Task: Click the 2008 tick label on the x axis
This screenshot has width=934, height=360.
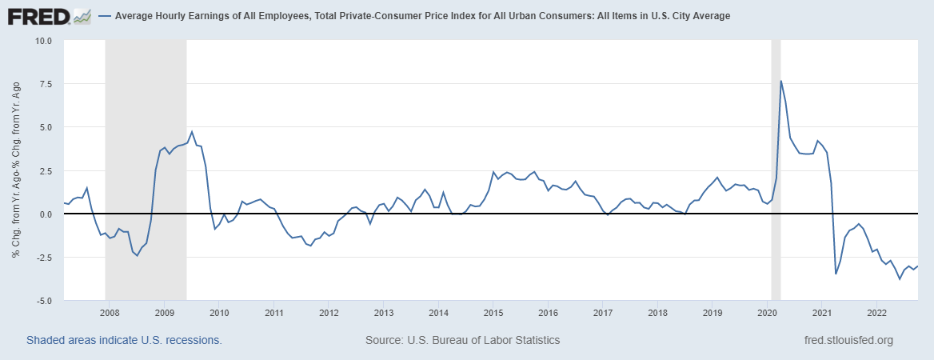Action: click(x=110, y=312)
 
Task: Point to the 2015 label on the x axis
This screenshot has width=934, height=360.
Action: click(x=493, y=312)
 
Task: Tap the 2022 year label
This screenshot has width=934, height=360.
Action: click(x=876, y=312)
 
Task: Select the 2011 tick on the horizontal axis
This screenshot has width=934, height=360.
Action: click(x=273, y=312)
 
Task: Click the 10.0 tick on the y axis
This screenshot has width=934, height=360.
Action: click(x=42, y=41)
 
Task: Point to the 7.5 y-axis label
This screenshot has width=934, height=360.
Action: click(x=45, y=84)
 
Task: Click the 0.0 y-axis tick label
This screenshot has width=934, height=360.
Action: click(x=45, y=214)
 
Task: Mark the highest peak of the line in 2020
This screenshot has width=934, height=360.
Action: click(x=780, y=81)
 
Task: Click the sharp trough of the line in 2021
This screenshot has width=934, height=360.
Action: click(x=836, y=274)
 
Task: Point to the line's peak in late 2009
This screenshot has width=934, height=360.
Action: click(x=192, y=132)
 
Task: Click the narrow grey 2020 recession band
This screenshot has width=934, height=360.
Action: click(x=776, y=160)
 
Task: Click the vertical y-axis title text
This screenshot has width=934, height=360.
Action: click(x=16, y=170)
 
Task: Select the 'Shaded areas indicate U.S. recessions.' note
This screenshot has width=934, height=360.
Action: click(x=124, y=340)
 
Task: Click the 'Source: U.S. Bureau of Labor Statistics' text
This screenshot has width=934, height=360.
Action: click(x=462, y=340)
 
